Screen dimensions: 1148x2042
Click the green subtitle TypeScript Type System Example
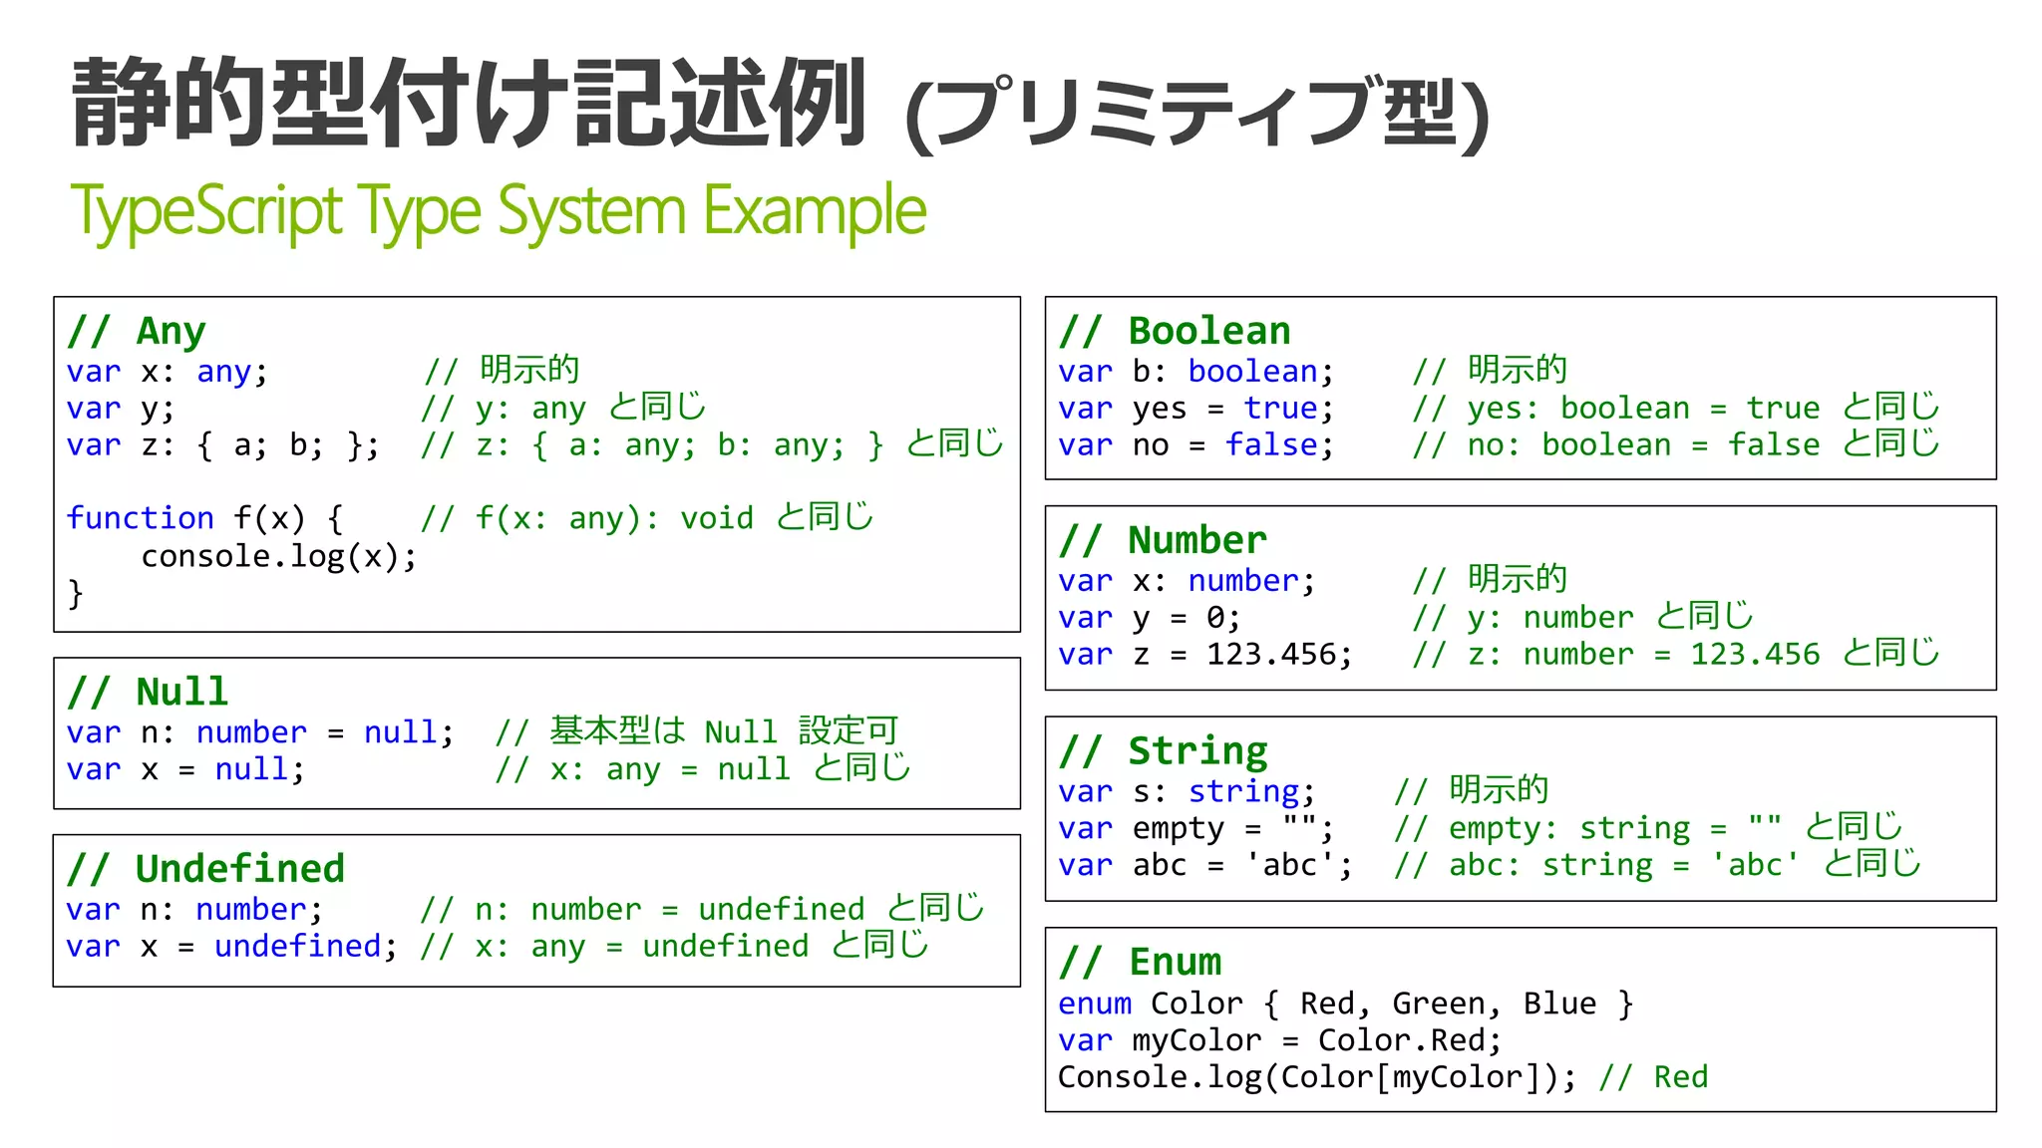point(498,211)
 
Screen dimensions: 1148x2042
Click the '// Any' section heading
point(137,331)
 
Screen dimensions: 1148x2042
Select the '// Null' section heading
point(148,692)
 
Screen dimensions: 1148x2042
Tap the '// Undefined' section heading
point(205,869)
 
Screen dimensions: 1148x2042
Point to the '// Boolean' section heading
point(1175,331)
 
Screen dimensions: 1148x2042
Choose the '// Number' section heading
point(1163,540)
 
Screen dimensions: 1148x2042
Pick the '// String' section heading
point(1163,750)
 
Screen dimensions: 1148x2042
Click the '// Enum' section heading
point(1140,962)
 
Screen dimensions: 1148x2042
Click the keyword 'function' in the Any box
point(140,518)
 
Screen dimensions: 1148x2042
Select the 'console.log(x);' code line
point(278,556)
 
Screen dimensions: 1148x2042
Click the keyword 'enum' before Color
point(1095,1004)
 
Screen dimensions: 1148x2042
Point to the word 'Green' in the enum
point(1438,1004)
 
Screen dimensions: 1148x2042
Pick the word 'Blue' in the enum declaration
point(1559,1004)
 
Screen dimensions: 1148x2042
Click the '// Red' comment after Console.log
point(1653,1077)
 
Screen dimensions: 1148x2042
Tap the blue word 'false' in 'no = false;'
point(1271,445)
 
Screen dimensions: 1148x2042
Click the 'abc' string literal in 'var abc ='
point(1290,865)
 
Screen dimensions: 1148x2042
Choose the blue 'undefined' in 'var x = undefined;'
point(298,946)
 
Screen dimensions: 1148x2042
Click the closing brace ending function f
point(75,594)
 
